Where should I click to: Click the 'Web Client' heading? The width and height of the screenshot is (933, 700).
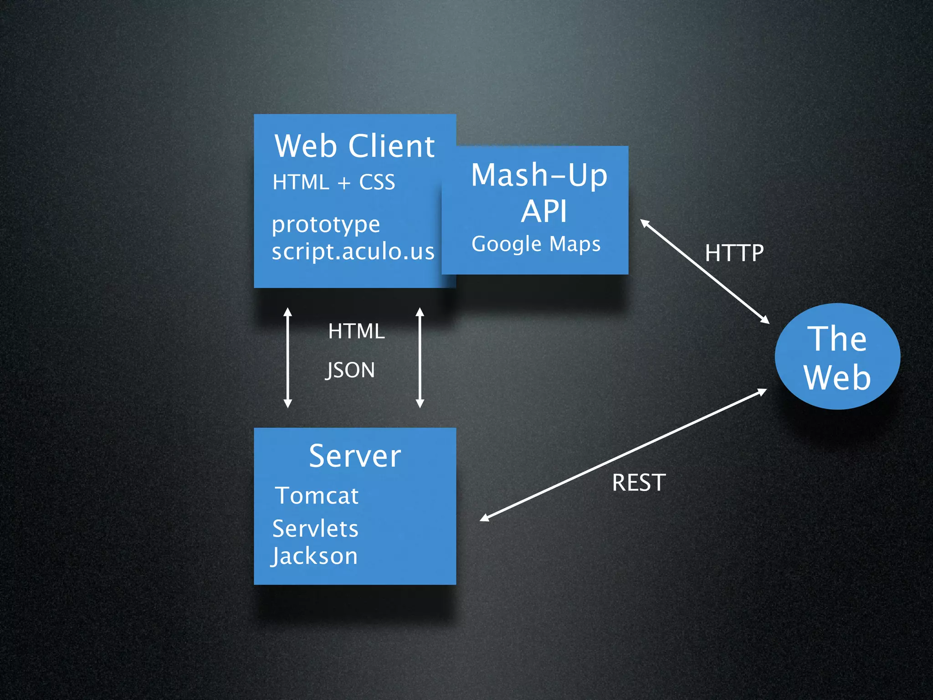[354, 146]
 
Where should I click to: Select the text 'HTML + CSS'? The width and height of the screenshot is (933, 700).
[333, 182]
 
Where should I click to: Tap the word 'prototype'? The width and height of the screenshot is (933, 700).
[326, 225]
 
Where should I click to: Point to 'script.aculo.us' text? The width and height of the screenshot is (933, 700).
[353, 252]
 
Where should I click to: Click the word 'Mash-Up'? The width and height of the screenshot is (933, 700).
[539, 175]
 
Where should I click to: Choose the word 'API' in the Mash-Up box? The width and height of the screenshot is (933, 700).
[544, 211]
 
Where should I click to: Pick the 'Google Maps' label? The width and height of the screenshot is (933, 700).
[536, 244]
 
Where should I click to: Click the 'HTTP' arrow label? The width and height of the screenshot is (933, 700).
[734, 253]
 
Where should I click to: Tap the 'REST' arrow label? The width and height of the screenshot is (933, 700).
[639, 483]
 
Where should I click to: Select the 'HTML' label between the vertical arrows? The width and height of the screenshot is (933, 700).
[356, 331]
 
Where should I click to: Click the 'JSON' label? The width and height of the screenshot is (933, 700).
[350, 370]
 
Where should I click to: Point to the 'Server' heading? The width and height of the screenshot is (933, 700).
[355, 456]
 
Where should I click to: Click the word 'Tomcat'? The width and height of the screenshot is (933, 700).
[317, 496]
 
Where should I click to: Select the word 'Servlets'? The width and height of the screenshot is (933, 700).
[315, 529]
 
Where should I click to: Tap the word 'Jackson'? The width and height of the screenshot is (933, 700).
[314, 556]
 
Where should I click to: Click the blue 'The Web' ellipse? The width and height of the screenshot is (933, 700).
[837, 356]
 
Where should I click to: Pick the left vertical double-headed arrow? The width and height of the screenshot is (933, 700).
[287, 358]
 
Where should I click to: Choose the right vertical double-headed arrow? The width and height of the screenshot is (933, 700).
[420, 358]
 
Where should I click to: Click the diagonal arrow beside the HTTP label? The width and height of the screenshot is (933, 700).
[705, 272]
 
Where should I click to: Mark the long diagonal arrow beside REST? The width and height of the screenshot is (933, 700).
[623, 455]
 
